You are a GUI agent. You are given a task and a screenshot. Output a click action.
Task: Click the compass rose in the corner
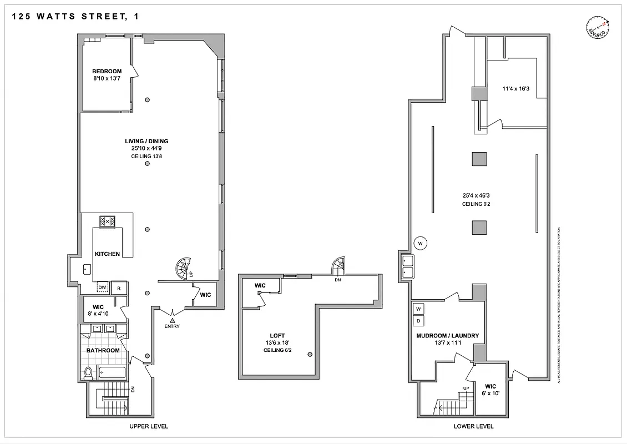point(597,26)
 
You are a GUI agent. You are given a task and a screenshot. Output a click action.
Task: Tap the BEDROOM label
point(107,71)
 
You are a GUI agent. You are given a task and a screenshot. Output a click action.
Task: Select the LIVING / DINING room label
point(146,141)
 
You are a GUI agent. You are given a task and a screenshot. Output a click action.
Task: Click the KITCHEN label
point(107,254)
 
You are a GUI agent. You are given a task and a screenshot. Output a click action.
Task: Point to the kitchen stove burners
point(107,221)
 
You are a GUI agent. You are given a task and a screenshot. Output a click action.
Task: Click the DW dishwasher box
point(102,287)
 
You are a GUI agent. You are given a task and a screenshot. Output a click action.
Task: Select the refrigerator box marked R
point(119,287)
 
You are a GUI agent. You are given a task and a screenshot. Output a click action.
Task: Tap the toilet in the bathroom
point(89,372)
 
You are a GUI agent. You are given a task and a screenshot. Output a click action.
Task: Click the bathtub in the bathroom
point(113,372)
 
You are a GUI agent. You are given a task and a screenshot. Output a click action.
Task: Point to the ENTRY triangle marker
point(173,320)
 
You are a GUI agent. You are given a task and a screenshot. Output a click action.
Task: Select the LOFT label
point(277,336)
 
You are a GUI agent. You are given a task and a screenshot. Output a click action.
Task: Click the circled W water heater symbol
point(420,243)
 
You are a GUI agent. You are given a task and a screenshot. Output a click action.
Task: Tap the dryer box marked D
point(418,321)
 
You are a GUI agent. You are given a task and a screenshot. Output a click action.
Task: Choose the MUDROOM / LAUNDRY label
point(447,336)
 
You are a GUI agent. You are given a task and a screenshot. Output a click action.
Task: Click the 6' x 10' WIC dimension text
point(491,393)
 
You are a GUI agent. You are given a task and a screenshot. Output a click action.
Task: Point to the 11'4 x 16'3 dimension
point(516,88)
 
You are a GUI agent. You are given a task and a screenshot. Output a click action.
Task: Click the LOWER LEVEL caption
point(473,426)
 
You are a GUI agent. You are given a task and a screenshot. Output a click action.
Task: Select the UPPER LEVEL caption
point(148,426)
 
